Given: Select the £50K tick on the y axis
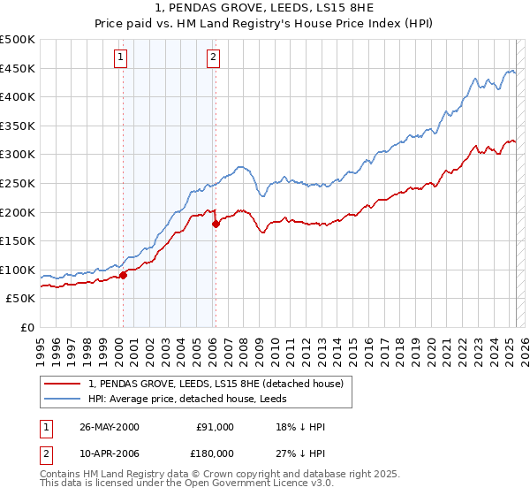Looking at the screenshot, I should (21, 299).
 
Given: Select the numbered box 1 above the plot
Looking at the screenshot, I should (120, 58).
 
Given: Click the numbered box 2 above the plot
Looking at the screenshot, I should (213, 58).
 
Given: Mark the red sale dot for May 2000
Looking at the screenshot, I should (124, 275).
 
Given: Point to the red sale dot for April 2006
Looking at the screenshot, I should (216, 224).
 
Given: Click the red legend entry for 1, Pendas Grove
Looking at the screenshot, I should (221, 383).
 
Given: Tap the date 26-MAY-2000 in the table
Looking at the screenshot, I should (109, 427).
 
